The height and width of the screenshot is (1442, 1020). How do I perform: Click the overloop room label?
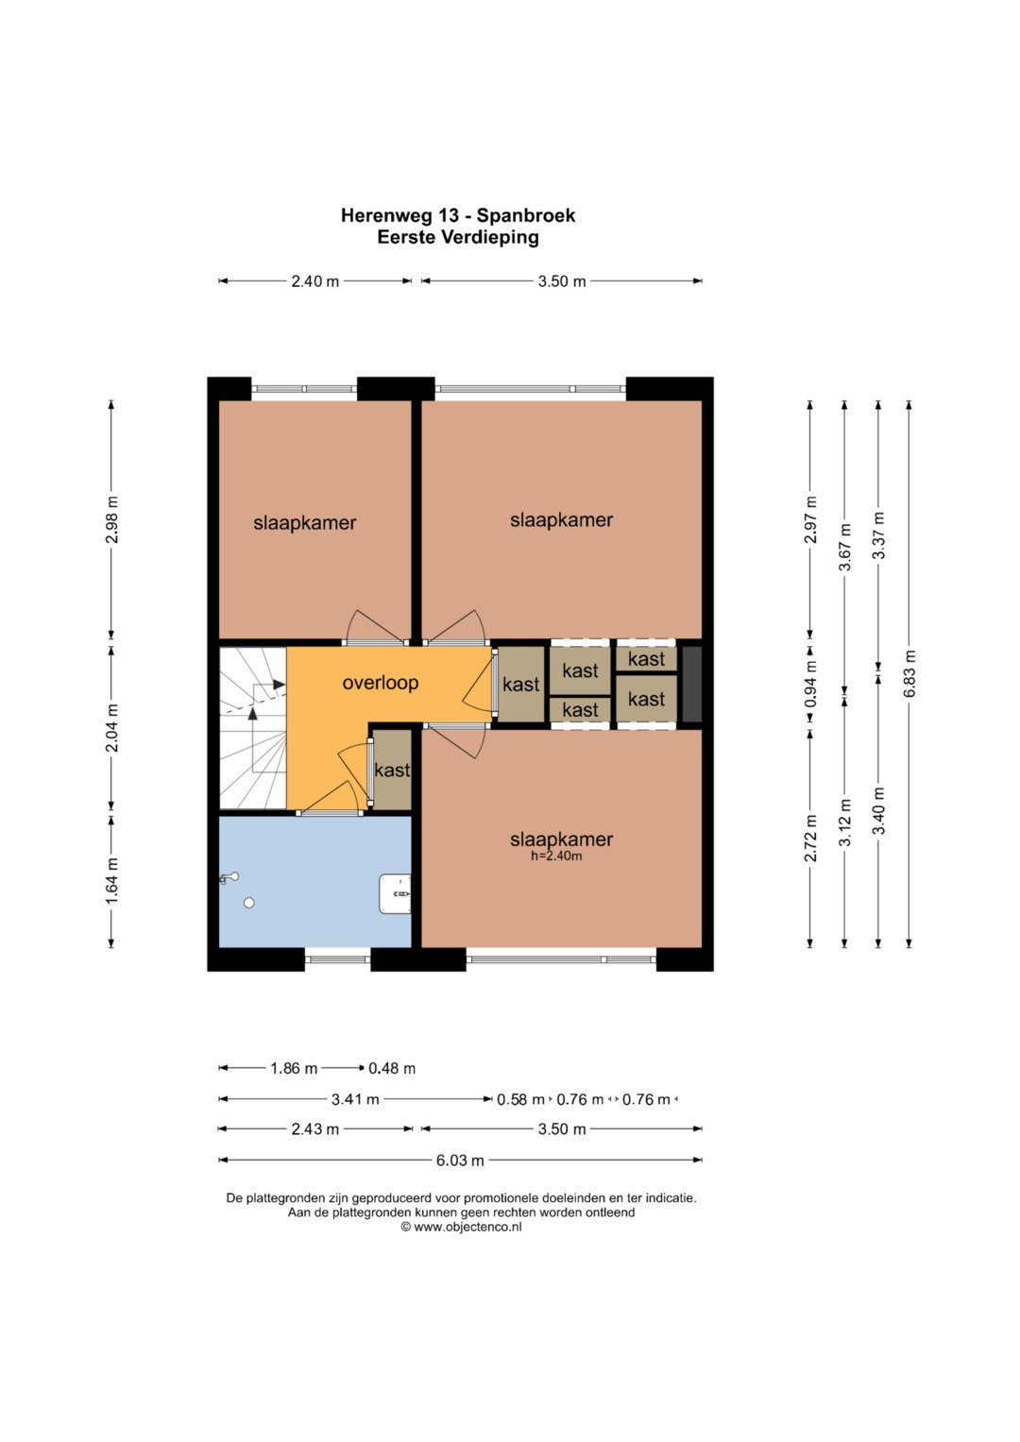[x=380, y=683]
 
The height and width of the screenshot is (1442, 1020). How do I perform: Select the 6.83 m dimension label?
[x=909, y=673]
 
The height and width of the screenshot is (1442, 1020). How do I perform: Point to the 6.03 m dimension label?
[x=461, y=1160]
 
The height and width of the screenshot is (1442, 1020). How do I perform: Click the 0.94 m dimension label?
[x=810, y=685]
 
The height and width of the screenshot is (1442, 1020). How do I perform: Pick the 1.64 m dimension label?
[x=111, y=881]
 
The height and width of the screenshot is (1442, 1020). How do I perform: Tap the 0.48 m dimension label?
[x=392, y=1069]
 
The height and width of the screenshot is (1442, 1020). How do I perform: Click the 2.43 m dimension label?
[x=314, y=1129]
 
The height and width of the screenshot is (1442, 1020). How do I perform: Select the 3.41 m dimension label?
[x=355, y=1099]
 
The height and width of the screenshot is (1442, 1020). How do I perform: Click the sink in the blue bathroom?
[x=395, y=893]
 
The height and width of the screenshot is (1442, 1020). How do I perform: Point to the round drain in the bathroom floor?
[x=249, y=903]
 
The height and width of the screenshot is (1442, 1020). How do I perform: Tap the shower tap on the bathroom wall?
[x=229, y=878]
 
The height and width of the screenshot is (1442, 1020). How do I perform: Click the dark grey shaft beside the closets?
[x=691, y=685]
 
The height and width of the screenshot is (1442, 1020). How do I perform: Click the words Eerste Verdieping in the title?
[x=458, y=238]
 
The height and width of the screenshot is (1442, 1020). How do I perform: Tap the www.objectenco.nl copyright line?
[x=461, y=1227]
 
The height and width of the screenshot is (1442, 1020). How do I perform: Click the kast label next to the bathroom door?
[x=392, y=770]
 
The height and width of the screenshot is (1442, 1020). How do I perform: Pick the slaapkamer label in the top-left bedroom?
[x=304, y=523]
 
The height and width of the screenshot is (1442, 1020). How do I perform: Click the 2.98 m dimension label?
[x=111, y=519]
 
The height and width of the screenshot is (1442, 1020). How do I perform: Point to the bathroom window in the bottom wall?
[x=337, y=959]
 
